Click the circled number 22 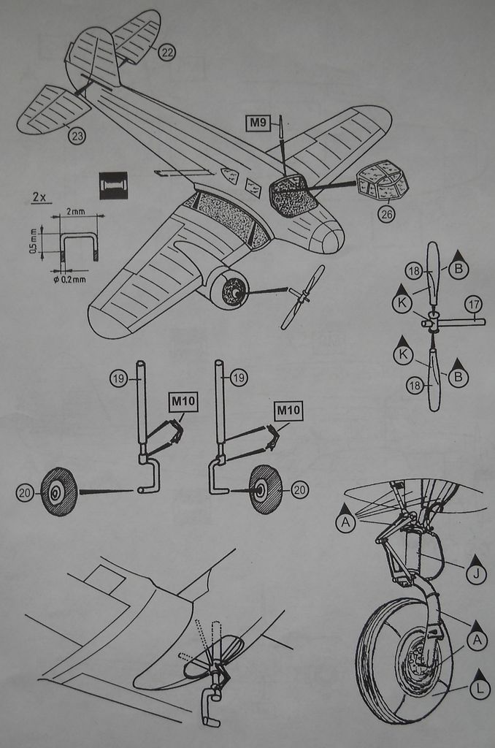pos(166,52)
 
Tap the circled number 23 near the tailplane pos(77,135)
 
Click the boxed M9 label pos(256,123)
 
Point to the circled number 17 pos(474,304)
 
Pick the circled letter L pos(480,689)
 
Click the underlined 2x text pos(40,198)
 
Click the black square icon pos(113,186)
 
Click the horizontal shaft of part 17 pos(461,321)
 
